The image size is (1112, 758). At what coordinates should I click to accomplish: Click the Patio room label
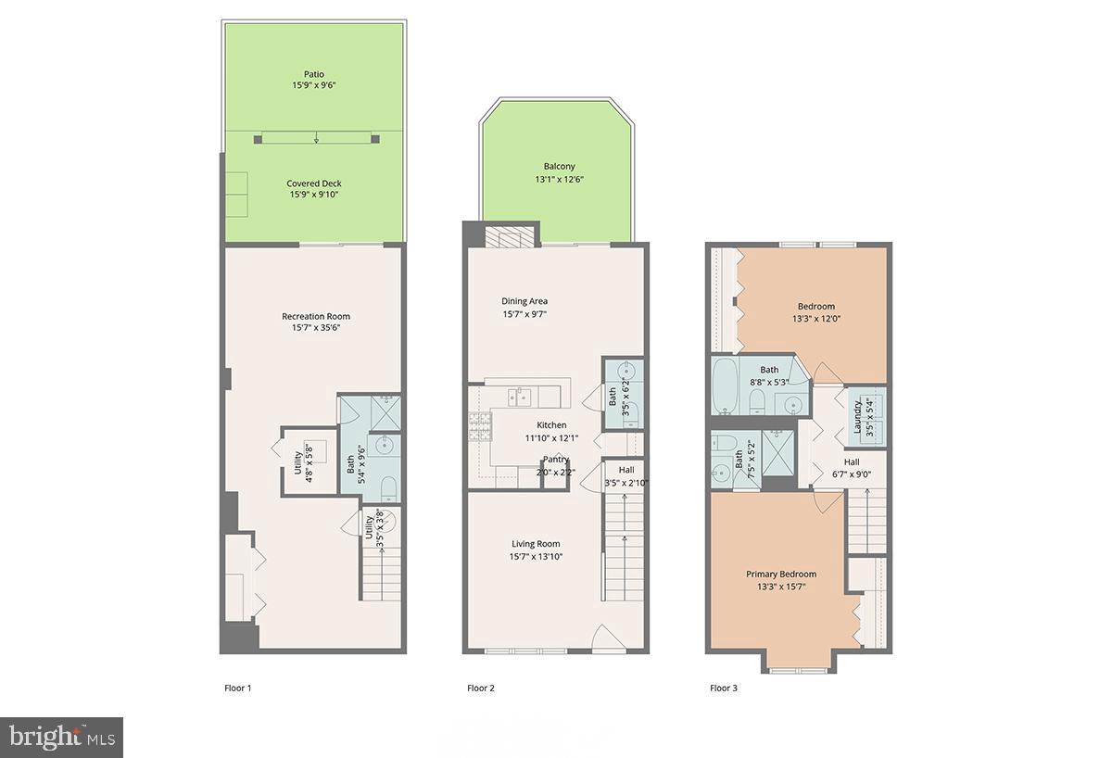coord(314,74)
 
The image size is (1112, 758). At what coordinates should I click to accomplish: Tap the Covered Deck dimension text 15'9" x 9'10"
coord(314,195)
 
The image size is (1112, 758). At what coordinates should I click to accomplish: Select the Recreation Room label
coord(316,316)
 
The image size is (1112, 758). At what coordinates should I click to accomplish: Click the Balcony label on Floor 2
coord(559,167)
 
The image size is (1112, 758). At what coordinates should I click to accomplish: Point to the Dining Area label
coord(524,301)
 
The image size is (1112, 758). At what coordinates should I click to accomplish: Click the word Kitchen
coord(551,425)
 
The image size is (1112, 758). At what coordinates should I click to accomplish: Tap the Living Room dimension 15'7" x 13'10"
coord(536,557)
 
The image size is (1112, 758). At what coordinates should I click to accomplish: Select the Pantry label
coord(555,460)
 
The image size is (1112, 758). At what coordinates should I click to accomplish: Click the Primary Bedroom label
coord(781,575)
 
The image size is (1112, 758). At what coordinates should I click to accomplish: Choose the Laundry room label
coord(857,418)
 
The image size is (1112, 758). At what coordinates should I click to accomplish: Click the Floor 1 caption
coord(238,688)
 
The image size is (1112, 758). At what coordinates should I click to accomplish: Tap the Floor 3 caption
coord(724,688)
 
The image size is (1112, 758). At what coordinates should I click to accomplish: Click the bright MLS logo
coord(61,738)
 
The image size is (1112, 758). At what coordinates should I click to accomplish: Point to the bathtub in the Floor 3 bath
coord(726,386)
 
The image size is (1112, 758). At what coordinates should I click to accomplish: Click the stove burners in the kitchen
coord(480,427)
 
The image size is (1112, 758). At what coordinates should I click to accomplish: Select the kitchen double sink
coord(519,398)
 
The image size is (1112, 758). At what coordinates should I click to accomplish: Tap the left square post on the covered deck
coord(258,140)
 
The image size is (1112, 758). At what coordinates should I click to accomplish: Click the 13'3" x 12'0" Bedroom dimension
coord(816,319)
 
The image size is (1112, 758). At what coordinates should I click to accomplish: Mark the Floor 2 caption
coord(481,688)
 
